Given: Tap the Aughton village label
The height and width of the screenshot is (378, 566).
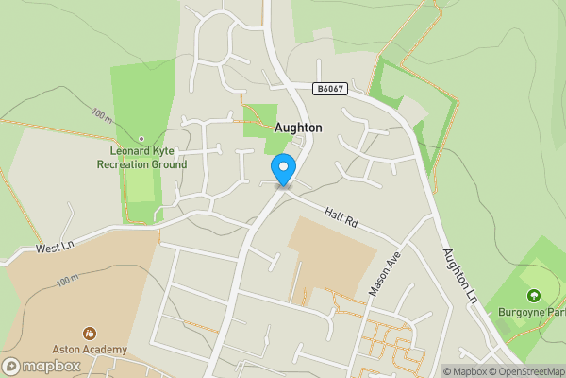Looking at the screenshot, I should click(297, 127).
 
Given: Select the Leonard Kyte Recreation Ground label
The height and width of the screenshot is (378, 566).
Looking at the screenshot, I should click(141, 158).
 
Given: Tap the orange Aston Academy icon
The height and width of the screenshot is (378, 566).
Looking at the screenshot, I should click(91, 333).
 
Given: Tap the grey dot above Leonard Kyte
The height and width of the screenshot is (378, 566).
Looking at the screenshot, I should click(141, 139).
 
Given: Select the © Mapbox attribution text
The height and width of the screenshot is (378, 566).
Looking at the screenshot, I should click(464, 371).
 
